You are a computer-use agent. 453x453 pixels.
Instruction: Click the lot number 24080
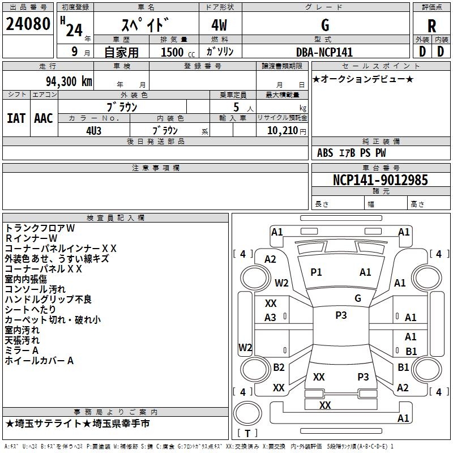click(x=28, y=25)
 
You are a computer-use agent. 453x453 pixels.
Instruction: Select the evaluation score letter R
click(x=431, y=26)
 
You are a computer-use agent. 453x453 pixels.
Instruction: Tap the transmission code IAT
click(x=16, y=118)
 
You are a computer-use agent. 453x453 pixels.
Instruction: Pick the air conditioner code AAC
click(x=44, y=118)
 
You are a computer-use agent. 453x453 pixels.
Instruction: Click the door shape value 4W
click(x=220, y=26)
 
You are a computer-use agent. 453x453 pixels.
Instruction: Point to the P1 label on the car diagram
click(x=316, y=272)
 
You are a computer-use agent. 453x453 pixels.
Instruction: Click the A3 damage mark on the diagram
click(x=271, y=318)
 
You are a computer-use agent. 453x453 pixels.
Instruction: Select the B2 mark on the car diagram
click(x=279, y=367)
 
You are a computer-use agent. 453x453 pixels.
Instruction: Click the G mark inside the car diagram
click(x=357, y=298)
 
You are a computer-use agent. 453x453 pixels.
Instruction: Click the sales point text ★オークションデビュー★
click(x=363, y=79)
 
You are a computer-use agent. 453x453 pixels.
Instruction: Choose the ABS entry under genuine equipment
click(x=325, y=153)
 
